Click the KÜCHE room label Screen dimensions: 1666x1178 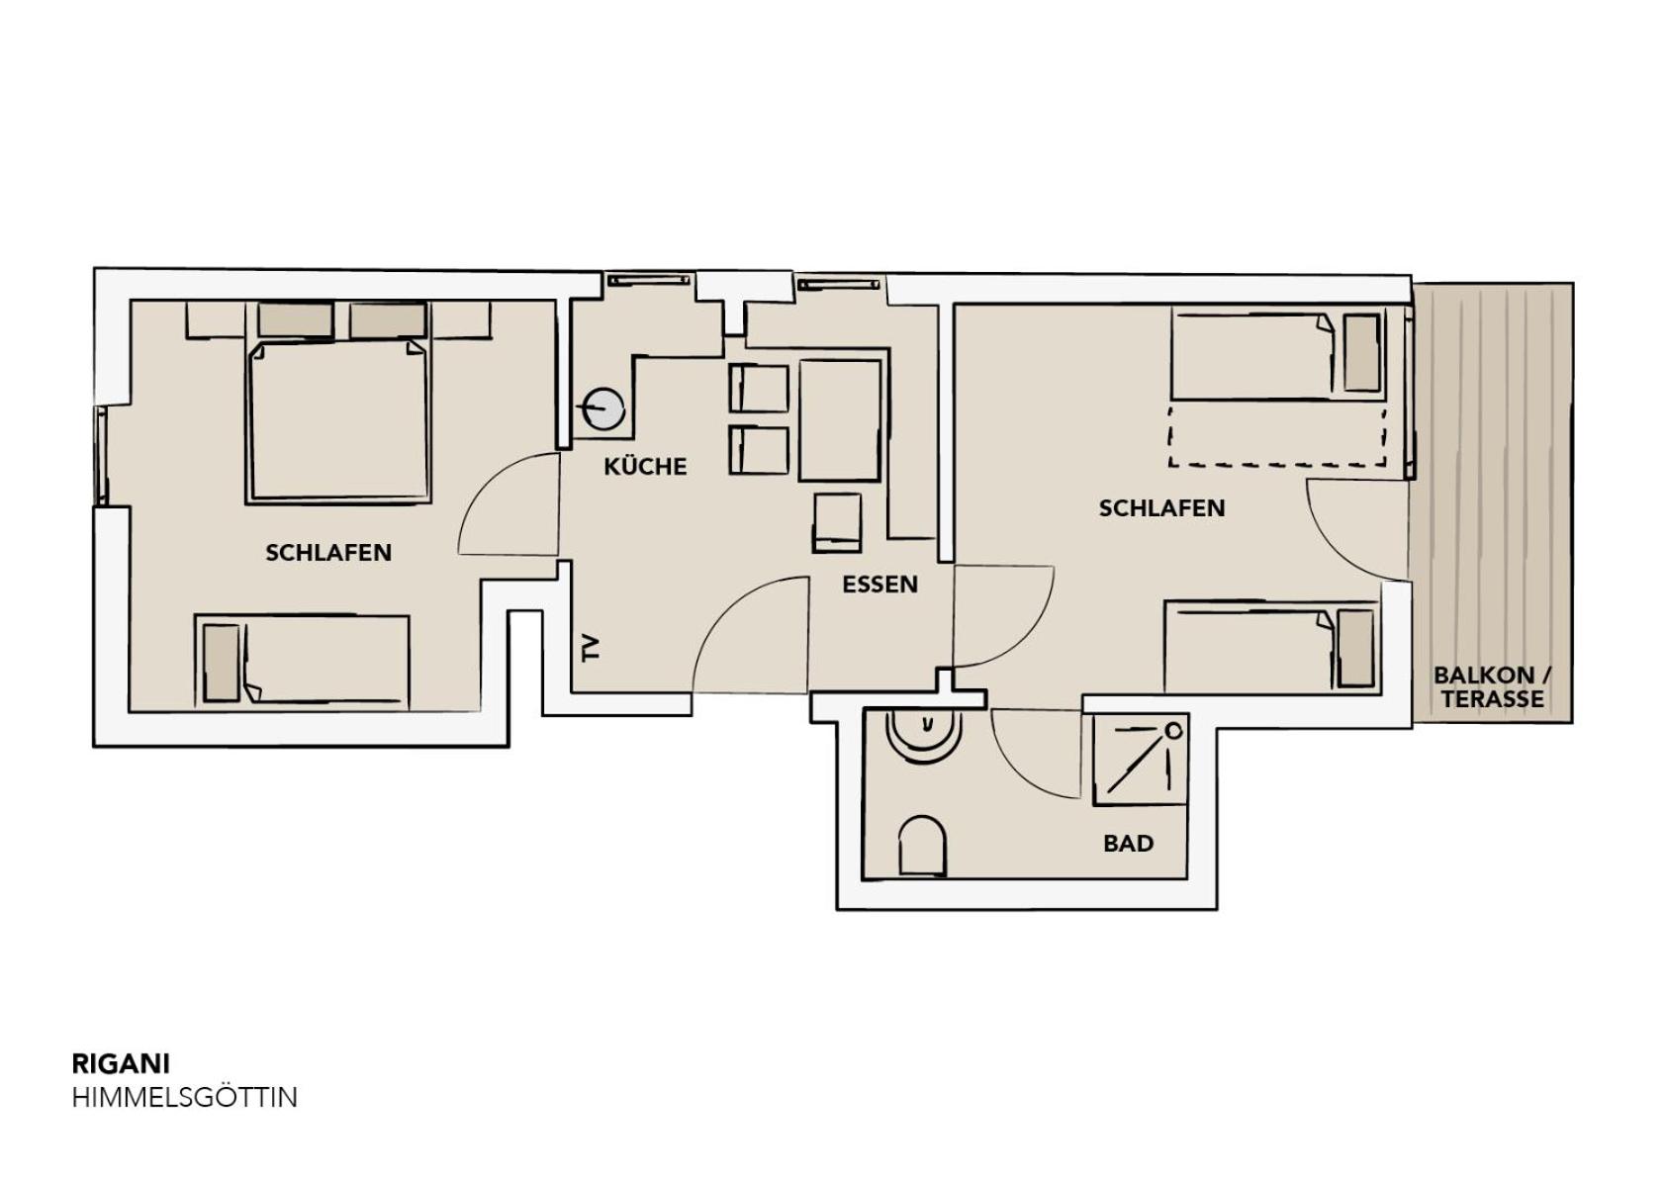click(x=645, y=466)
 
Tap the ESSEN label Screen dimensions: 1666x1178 click(x=879, y=585)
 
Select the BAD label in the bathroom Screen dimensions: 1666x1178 click(x=1128, y=844)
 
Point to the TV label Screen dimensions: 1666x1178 click(x=591, y=648)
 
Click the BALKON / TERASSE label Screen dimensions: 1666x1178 click(x=1493, y=687)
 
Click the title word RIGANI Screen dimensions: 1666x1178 click(x=121, y=1064)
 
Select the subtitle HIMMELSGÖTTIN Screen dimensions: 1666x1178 click(x=184, y=1098)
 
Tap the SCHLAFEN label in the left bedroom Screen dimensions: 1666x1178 click(x=328, y=553)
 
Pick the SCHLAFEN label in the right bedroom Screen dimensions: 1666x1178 click(x=1161, y=508)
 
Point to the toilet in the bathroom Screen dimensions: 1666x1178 click(x=922, y=846)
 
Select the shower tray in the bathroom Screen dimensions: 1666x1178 click(x=1141, y=760)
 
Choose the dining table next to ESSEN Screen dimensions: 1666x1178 click(x=840, y=420)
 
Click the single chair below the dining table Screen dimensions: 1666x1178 click(x=838, y=523)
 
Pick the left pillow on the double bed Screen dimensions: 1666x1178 click(x=295, y=319)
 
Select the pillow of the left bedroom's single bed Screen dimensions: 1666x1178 click(x=222, y=663)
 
